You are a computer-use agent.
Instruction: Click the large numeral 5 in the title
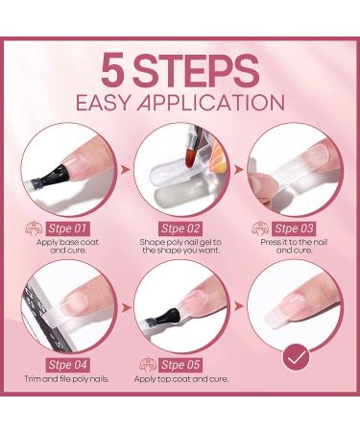[x=113, y=70]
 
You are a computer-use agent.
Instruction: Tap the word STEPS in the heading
[x=196, y=70]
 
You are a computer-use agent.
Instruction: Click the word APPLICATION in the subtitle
[x=210, y=103]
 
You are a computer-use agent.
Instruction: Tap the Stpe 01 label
[x=67, y=228]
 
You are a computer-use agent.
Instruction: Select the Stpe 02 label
[x=180, y=228]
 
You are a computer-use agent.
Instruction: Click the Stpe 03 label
[x=294, y=228]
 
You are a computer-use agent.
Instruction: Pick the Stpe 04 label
[x=67, y=365]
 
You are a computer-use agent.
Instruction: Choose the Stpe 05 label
[x=180, y=365]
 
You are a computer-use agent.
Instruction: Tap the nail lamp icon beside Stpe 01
[x=35, y=228]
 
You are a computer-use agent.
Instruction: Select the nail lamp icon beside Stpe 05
[x=148, y=365]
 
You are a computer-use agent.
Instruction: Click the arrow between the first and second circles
[x=126, y=170]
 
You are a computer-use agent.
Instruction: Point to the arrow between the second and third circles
[x=239, y=170]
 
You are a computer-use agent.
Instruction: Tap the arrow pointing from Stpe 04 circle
[x=126, y=307]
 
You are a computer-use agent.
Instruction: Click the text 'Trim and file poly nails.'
[x=67, y=379]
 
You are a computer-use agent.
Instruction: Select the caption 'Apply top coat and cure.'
[x=181, y=380]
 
